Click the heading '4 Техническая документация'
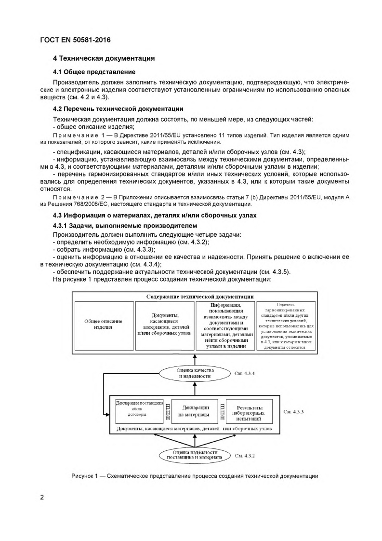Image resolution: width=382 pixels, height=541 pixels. pos(104,58)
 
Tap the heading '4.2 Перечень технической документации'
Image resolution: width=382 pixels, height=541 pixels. pos(118,108)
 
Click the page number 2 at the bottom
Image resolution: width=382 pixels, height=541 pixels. pos(42,497)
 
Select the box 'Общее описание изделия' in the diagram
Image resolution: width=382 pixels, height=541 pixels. pos(104,324)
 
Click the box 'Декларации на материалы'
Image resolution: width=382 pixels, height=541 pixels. pos(195,411)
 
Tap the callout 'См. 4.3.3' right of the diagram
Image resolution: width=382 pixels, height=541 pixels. pos(293,412)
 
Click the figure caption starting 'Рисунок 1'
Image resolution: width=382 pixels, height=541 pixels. pos(194,476)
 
